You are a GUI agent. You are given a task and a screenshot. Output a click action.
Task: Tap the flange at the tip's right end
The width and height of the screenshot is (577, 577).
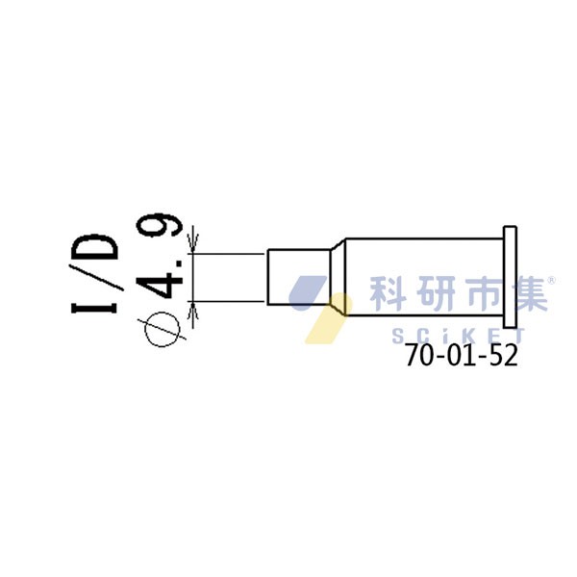pos(510,276)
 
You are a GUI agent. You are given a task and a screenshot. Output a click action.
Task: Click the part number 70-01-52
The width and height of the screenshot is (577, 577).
pos(461,356)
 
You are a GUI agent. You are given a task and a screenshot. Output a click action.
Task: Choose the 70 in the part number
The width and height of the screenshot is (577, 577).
pos(419,356)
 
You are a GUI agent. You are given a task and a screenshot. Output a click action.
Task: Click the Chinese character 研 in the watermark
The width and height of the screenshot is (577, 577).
pos(435,293)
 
